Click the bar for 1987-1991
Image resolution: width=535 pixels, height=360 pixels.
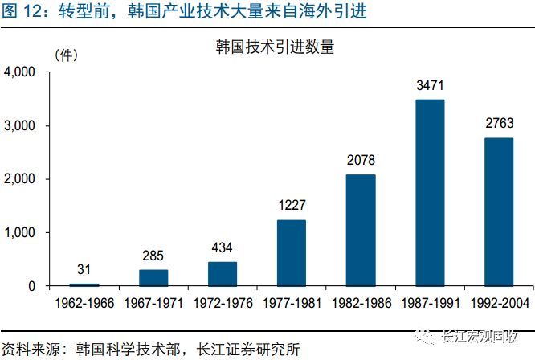430,193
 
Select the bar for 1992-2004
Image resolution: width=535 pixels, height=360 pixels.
499,212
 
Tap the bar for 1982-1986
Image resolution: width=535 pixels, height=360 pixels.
361,230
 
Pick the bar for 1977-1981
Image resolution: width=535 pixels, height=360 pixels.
292,253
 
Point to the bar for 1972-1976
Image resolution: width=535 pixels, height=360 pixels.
223,274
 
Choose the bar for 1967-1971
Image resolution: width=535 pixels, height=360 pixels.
153,278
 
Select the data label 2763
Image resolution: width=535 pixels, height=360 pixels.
499,124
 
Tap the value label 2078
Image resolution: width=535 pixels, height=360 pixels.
361,160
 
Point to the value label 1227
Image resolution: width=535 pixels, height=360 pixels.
292,206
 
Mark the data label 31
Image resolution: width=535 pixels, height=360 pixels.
84,269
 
